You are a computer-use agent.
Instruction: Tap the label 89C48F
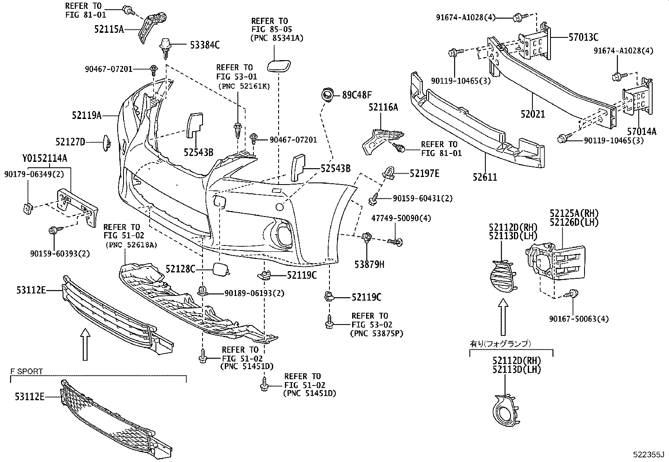pos(357,95)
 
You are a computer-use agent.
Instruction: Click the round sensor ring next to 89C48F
pos(326,95)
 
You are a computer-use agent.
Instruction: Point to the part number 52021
pos(532,114)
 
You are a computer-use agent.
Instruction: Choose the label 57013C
pos(583,37)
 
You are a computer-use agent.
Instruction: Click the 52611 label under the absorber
pos(485,177)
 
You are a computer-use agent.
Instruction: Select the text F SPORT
pos(27,372)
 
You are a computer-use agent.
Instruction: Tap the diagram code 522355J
pos(648,454)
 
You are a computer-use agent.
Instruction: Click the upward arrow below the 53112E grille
pos(85,344)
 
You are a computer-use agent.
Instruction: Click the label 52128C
pos(180,269)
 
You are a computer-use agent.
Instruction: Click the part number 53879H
pos(369,264)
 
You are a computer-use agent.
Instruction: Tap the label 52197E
pos(424,173)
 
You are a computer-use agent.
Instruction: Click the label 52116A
pos(383,108)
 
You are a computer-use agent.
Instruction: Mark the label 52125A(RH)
pos(574,213)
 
